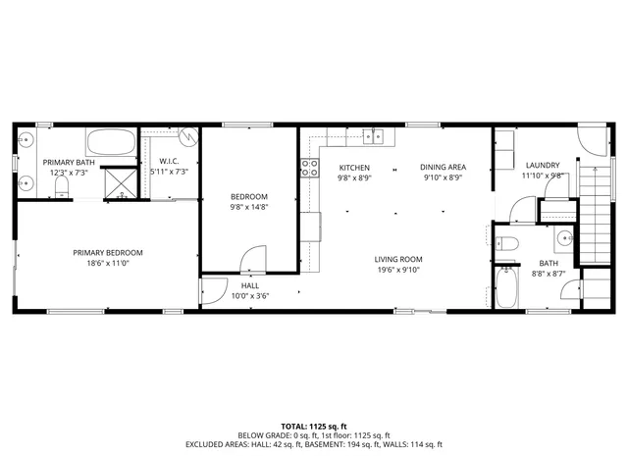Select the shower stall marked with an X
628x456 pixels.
click(123, 180)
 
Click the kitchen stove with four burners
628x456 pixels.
click(309, 168)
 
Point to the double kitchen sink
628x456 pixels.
click(374, 135)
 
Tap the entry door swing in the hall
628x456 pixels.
click(211, 291)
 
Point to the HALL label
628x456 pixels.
click(249, 285)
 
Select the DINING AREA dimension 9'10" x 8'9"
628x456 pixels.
click(443, 178)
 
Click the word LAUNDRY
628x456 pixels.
click(543, 165)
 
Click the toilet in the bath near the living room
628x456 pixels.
click(505, 244)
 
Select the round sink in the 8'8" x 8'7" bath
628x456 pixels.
click(564, 237)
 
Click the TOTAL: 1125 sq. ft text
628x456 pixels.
click(314, 426)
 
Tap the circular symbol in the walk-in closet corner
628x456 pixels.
click(191, 136)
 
